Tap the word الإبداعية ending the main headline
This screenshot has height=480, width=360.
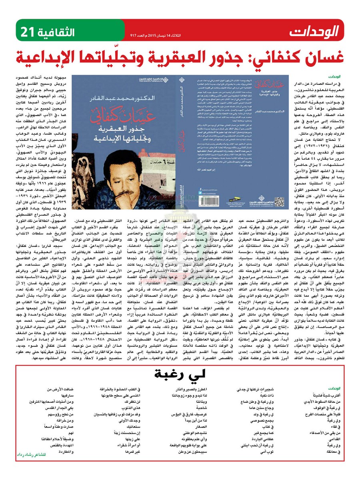(x=50, y=58)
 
